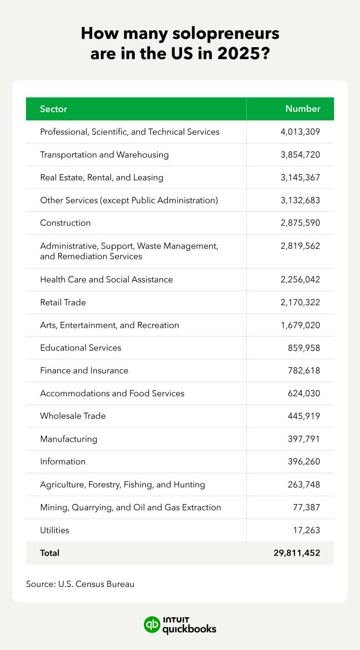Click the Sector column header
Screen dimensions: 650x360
pos(53,109)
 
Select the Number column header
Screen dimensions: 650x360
pos(303,109)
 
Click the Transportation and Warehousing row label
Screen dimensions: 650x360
pos(104,155)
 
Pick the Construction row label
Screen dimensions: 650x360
pos(65,223)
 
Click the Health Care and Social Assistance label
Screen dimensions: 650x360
pos(106,279)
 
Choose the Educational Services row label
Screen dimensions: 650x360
pos(81,348)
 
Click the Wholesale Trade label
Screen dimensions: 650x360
pos(73,416)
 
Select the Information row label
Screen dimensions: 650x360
pos(63,461)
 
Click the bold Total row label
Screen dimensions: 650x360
pos(50,553)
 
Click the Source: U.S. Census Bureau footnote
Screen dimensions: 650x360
pos(80,584)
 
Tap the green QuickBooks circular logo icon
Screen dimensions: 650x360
pos(152,624)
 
